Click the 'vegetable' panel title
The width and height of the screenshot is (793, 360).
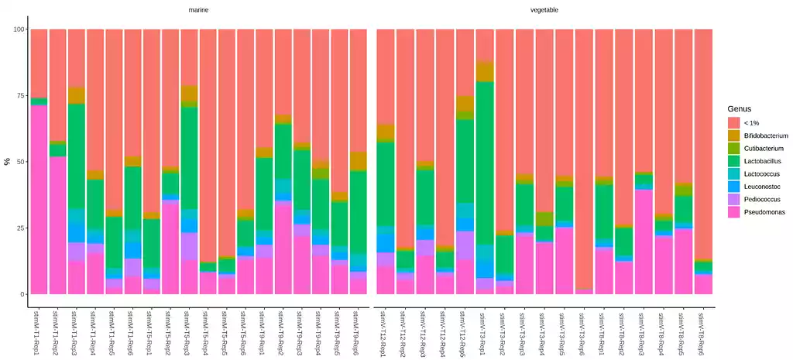click(544, 10)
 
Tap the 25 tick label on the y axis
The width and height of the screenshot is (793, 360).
click(20, 228)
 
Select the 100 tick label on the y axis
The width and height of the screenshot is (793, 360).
click(19, 29)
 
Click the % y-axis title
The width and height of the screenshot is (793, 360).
click(7, 162)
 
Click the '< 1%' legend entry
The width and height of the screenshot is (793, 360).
click(750, 122)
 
